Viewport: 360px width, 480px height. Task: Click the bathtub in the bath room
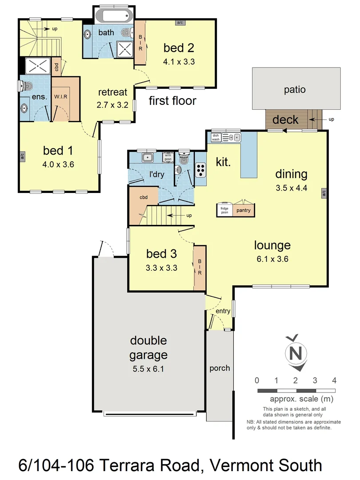point(114,16)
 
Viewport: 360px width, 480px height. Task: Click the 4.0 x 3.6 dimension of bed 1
point(58,164)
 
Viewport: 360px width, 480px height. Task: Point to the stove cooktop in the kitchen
point(201,169)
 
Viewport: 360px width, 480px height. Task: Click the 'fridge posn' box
point(225,210)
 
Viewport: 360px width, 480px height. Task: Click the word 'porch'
point(220,368)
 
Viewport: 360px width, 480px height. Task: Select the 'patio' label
point(295,89)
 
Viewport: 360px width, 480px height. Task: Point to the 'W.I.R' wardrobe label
point(60,96)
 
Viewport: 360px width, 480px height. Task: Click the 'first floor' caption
point(172,100)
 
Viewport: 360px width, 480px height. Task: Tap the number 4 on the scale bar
point(334,380)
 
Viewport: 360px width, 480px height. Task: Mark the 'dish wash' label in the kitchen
point(216,137)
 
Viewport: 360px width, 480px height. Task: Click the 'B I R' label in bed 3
point(200,267)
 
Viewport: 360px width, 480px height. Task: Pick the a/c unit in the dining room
point(324,192)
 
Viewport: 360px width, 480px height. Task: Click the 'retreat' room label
point(113,92)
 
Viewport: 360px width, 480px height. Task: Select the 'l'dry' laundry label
point(156,174)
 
